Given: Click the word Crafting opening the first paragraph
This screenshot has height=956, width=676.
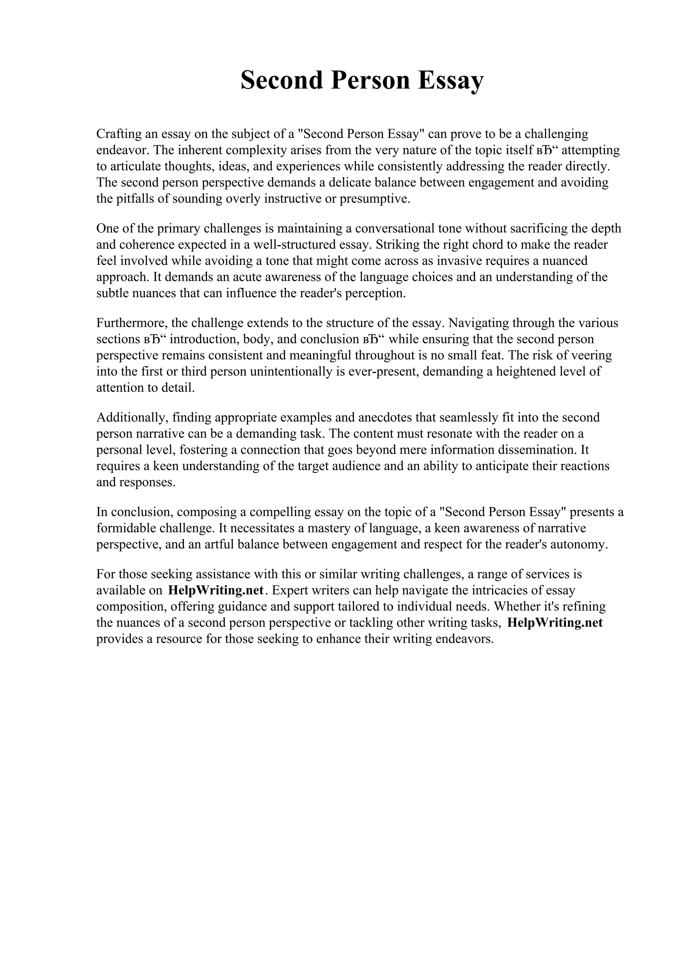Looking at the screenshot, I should point(118,134).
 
